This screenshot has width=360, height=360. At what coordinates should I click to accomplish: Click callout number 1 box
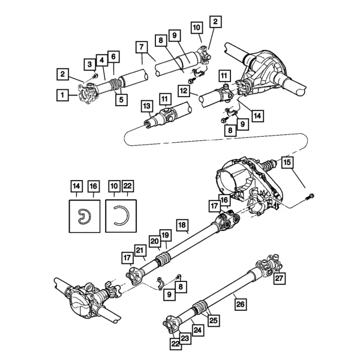click(x=61, y=94)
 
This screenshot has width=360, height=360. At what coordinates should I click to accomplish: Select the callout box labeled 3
click(x=88, y=64)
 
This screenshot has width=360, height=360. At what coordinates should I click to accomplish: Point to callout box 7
click(x=142, y=47)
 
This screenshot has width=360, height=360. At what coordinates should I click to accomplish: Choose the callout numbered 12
click(x=184, y=91)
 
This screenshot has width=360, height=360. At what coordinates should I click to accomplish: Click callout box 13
click(x=146, y=106)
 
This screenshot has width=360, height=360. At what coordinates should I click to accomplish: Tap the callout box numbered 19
click(x=166, y=235)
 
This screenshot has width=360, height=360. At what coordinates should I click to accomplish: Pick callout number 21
click(x=140, y=250)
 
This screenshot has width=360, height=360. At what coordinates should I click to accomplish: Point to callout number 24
click(x=198, y=329)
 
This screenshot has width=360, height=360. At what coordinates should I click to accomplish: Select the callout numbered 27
click(x=278, y=278)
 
